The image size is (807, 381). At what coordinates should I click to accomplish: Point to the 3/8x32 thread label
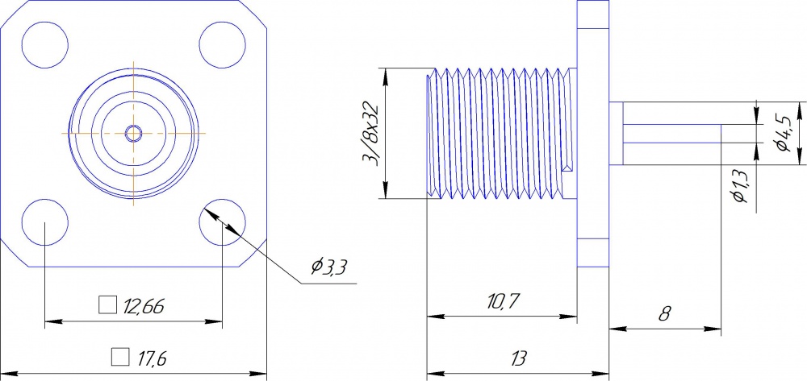tap(371, 134)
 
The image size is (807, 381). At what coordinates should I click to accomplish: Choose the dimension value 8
tap(664, 313)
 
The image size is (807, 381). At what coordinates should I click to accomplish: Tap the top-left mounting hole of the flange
tap(44, 45)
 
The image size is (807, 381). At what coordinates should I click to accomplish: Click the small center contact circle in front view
tap(133, 133)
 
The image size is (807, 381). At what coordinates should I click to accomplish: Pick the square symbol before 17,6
tap(120, 355)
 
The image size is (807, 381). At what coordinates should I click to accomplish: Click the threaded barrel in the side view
tap(500, 133)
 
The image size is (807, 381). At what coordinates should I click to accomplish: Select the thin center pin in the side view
tap(670, 134)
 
